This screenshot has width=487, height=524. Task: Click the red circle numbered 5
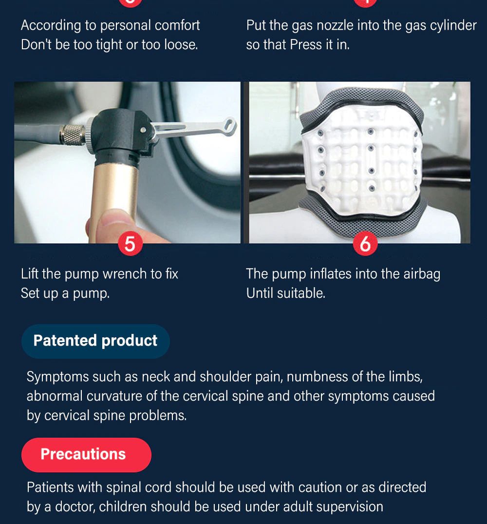(x=130, y=243)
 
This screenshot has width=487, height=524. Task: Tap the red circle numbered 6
(x=365, y=243)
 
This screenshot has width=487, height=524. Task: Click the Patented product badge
(x=95, y=341)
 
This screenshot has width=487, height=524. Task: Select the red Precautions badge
(x=86, y=455)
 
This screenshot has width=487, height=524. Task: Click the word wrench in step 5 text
(x=124, y=274)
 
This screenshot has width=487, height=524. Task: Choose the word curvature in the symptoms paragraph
(x=114, y=396)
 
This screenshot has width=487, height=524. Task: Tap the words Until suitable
(x=286, y=293)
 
